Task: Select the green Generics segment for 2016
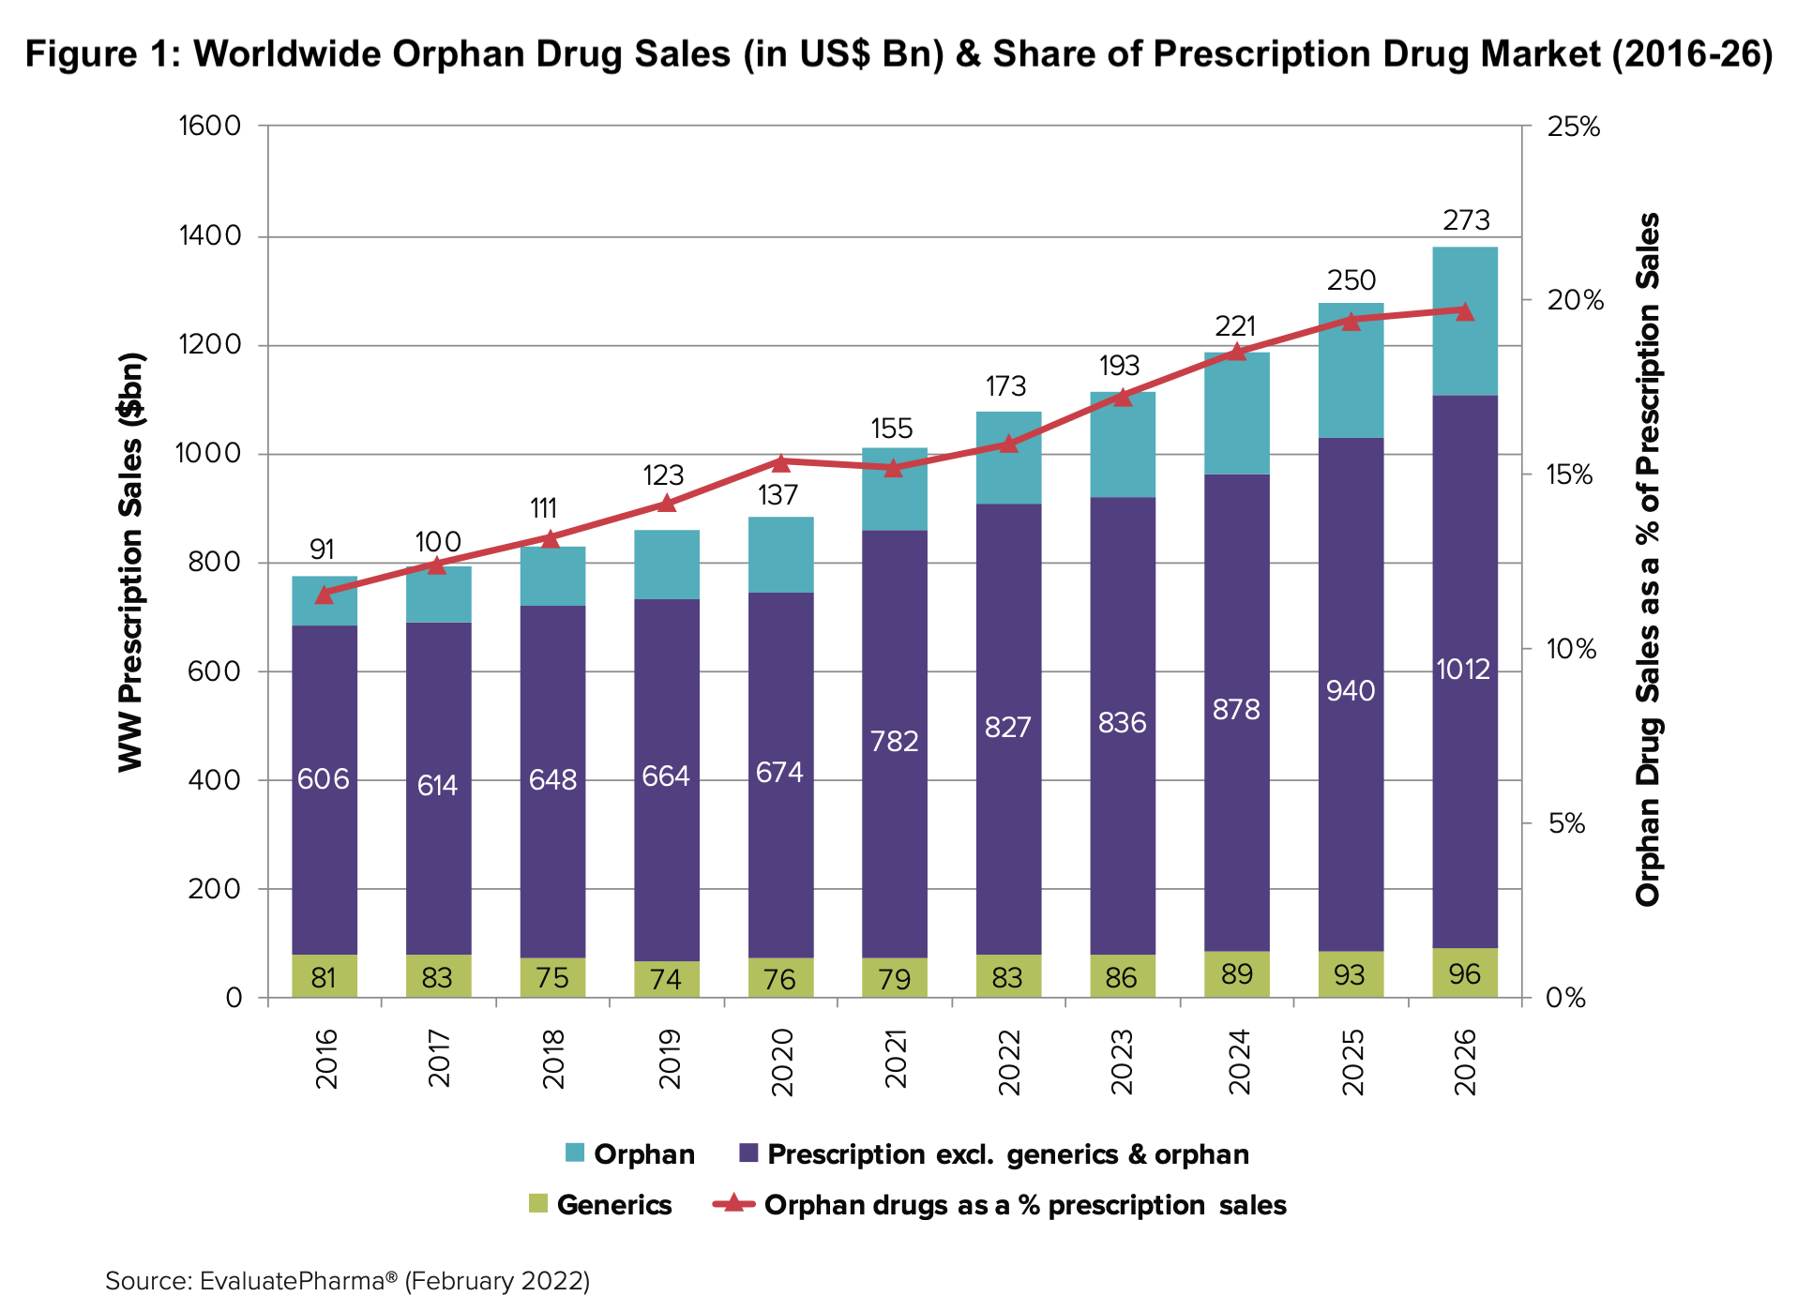pos(324,977)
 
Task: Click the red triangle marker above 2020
pos(780,462)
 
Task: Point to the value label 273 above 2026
pos(1465,220)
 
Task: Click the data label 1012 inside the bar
pos(1463,670)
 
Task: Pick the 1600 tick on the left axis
pos(210,126)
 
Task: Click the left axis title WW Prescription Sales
pos(131,563)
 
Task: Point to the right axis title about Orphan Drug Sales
pos(1648,560)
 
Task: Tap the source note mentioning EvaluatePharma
pos(347,1281)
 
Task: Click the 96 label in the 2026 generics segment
pos(1464,974)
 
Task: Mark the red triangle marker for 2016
pos(325,595)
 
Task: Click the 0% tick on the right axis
pos(1566,998)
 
